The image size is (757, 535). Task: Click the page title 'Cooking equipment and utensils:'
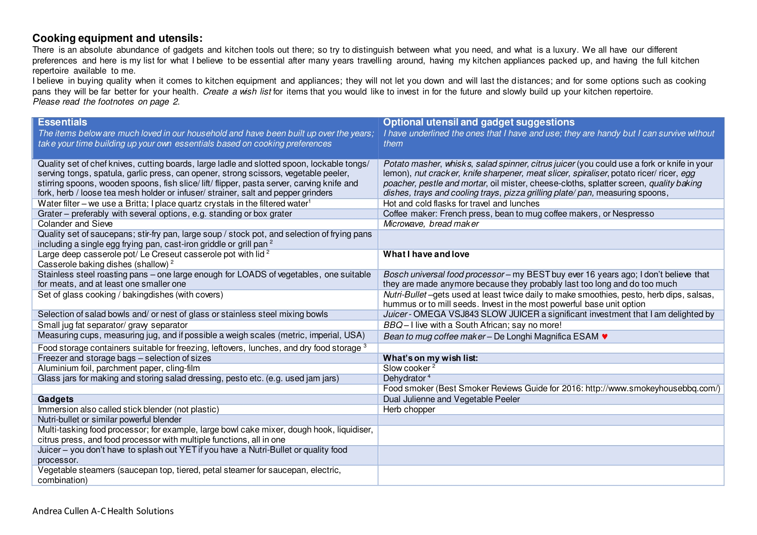point(117,38)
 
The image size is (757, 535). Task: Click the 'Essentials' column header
point(62,122)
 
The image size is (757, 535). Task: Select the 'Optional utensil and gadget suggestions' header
point(478,122)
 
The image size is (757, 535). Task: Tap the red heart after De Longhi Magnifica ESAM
point(605,336)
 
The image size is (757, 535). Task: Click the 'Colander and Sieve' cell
point(75,224)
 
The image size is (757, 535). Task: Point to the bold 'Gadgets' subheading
point(55,399)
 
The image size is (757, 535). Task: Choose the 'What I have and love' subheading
point(426,254)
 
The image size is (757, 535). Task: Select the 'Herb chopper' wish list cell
point(409,409)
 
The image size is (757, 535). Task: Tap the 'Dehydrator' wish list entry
point(404,378)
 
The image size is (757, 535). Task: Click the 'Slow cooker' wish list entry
point(407,368)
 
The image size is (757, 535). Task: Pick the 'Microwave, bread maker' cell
point(431,224)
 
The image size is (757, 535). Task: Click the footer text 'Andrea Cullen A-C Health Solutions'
point(103,511)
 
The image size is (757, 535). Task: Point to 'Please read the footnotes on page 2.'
point(106,102)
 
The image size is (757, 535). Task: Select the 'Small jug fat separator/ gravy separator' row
point(112,325)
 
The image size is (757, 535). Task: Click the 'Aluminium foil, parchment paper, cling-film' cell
point(119,368)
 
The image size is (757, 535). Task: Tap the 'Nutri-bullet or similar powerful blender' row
point(110,420)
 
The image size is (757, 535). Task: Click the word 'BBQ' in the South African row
point(393,325)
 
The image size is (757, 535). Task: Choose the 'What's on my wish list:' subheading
point(430,358)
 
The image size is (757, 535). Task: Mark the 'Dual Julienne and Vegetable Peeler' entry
point(451,399)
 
